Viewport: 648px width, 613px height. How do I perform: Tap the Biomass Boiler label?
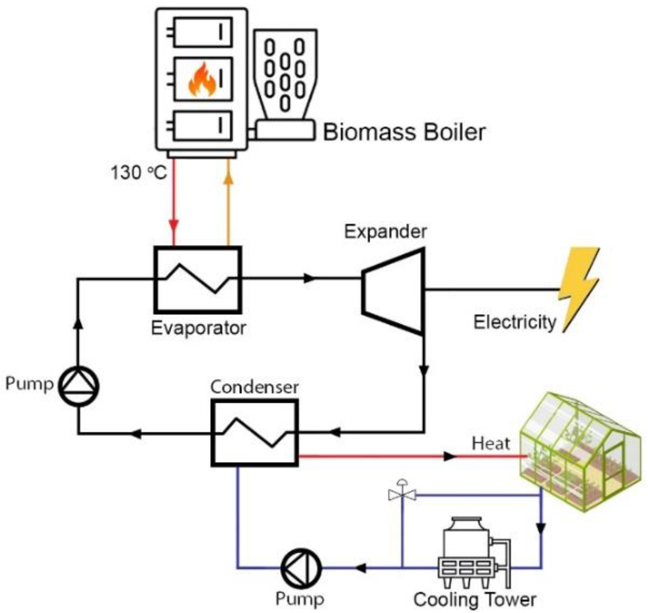[x=404, y=132]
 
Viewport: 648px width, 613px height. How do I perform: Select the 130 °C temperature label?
[x=138, y=172]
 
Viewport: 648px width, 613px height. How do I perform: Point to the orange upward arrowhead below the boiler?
[x=228, y=178]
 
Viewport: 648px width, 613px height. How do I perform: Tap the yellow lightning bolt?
[x=579, y=289]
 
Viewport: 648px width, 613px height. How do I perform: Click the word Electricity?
[x=515, y=322]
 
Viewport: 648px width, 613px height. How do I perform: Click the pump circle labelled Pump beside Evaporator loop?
[x=79, y=386]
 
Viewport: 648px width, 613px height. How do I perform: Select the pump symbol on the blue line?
[x=301, y=568]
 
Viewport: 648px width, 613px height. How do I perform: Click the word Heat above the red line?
[x=491, y=444]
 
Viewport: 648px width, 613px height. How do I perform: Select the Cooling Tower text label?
[x=475, y=600]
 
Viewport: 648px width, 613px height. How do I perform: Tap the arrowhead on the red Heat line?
[x=450, y=456]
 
